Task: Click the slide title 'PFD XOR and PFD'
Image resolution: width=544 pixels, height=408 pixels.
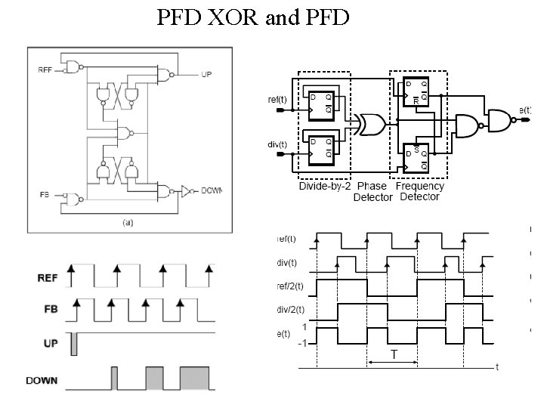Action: [252, 17]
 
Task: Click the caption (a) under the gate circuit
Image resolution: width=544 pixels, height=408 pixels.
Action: [128, 222]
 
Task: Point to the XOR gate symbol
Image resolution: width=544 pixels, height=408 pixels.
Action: [370, 125]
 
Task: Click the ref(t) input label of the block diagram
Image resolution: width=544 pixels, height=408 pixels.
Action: [277, 100]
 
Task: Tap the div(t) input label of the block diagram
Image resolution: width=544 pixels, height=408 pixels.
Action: [277, 144]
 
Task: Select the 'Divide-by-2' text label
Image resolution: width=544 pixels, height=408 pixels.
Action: [325, 186]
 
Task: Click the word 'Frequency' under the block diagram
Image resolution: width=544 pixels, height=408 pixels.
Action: [420, 186]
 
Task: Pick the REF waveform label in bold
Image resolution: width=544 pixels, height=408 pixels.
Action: [47, 277]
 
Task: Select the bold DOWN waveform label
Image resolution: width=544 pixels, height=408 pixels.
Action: [42, 380]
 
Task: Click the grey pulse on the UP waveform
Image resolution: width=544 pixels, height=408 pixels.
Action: [74, 345]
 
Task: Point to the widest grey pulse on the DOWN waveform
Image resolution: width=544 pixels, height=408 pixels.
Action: [195, 379]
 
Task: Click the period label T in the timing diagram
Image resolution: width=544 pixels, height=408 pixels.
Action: [394, 354]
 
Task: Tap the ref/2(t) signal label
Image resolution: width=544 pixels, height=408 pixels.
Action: [289, 286]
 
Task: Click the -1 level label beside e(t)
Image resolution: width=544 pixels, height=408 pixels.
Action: [302, 344]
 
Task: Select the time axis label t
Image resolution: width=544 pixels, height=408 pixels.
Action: [496, 368]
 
